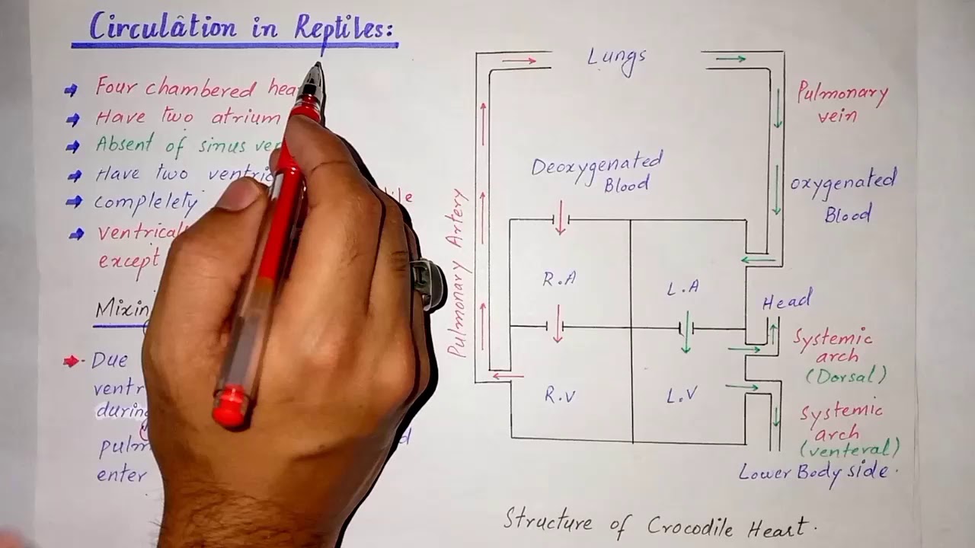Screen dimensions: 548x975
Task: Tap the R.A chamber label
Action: (559, 279)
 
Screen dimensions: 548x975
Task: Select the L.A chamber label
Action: (682, 288)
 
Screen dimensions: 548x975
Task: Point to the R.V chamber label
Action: (560, 394)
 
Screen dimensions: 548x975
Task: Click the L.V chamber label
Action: (682, 395)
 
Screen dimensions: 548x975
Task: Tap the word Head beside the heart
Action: (787, 301)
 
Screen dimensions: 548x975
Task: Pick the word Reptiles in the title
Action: (344, 29)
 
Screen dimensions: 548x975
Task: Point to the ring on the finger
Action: (427, 283)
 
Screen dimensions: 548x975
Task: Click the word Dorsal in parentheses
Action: (846, 375)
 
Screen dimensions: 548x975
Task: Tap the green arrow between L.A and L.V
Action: (686, 333)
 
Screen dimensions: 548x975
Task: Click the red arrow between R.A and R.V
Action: (558, 324)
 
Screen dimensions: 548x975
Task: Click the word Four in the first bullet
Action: (117, 87)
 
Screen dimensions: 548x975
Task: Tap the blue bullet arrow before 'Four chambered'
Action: (72, 90)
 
